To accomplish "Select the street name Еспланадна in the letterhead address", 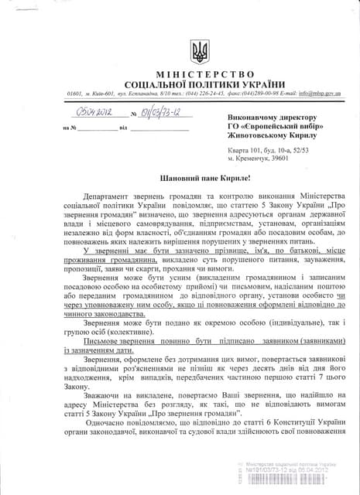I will point(133,93).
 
